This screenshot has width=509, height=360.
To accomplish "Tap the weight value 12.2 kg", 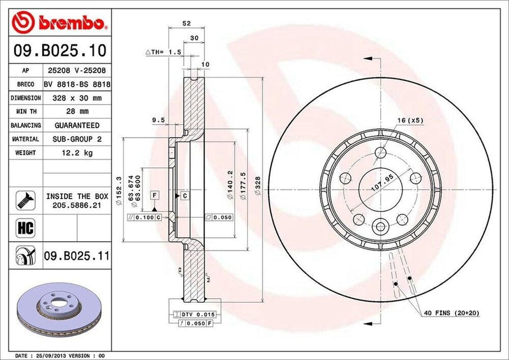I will click(x=77, y=153).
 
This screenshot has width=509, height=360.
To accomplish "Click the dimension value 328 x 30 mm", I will click(x=77, y=98).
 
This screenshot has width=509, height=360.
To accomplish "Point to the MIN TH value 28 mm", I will click(x=77, y=112).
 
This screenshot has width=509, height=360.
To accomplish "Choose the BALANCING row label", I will click(x=25, y=125).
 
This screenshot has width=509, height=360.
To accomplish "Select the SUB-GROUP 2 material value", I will click(x=77, y=139).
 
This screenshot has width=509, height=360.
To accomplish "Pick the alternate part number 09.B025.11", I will click(x=77, y=257).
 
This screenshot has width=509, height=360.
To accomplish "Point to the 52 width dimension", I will click(x=186, y=23).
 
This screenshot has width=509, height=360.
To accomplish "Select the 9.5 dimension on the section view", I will click(x=159, y=120).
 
